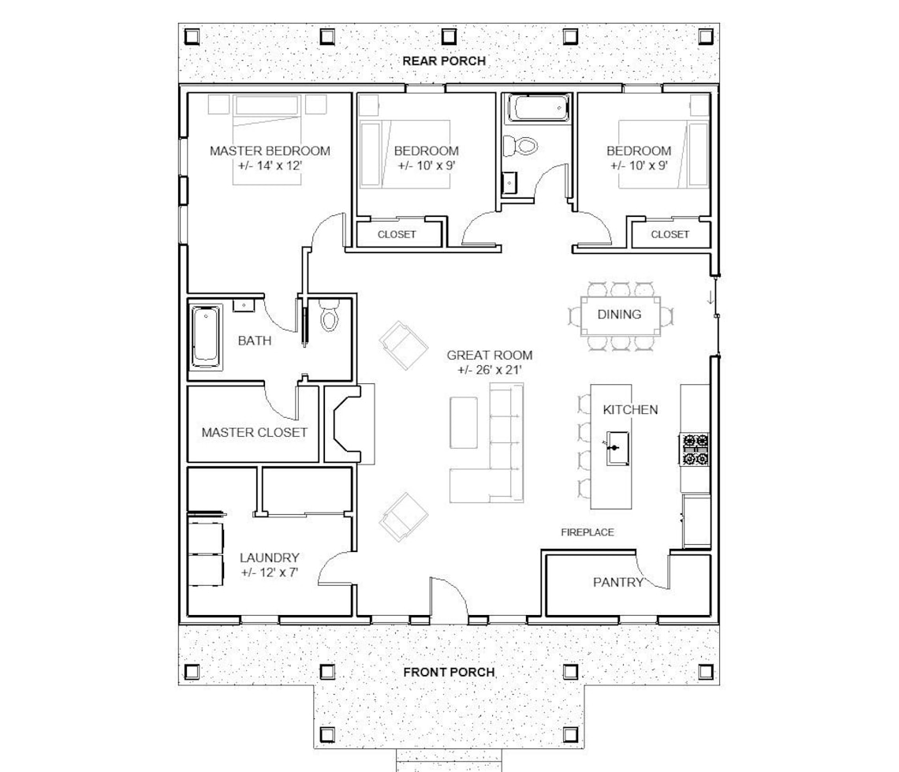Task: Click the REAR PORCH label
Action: tap(444, 61)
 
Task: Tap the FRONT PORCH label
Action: tap(449, 672)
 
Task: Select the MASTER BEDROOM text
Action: tap(270, 151)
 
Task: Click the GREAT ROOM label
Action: tap(489, 356)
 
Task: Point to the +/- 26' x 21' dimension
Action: tap(489, 371)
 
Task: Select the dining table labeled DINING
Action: tap(619, 315)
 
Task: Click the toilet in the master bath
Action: tap(330, 317)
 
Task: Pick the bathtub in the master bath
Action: tap(207, 337)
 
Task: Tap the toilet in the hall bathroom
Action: tap(520, 145)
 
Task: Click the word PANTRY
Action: tap(618, 583)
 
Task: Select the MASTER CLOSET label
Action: tap(254, 432)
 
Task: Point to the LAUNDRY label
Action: tap(270, 558)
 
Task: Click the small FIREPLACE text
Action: tap(587, 532)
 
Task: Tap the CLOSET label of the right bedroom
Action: tap(670, 234)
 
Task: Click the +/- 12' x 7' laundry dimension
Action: tap(270, 572)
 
